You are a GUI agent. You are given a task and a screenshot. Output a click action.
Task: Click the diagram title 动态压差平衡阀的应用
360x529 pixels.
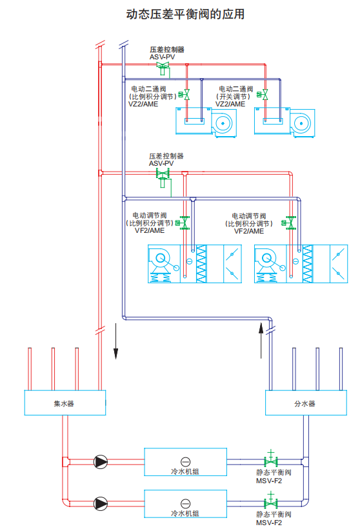coord(185,14)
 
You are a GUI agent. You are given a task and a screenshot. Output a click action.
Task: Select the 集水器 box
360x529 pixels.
coord(65,403)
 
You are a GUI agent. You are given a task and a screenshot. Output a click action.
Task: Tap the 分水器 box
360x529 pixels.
coord(306,403)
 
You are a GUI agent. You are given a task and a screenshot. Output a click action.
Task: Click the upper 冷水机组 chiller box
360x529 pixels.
coord(185,462)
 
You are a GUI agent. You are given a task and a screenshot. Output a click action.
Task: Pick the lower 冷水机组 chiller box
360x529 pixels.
coord(185,504)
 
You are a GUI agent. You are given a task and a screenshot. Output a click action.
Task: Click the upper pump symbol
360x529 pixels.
coord(101,462)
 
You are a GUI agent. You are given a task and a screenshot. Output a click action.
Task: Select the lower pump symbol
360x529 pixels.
coord(101,504)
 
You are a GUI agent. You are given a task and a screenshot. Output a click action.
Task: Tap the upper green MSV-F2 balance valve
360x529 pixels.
coord(270,459)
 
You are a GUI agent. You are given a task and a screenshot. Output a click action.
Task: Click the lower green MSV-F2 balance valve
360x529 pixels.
coord(270,501)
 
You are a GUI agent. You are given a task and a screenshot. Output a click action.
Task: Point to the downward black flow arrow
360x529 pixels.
coord(115,341)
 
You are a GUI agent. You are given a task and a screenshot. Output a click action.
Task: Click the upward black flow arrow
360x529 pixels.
coord(261,340)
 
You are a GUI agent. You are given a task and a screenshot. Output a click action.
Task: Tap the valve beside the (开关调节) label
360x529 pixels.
coord(263,95)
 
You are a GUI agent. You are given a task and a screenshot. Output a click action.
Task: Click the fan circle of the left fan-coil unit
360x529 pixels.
coord(223,123)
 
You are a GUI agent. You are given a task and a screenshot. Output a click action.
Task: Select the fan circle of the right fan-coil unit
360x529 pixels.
coord(301,123)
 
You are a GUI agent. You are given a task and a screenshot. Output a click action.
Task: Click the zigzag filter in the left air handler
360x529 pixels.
coord(201,264)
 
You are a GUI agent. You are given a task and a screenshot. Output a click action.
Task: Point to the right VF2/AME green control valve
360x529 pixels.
coord(289,223)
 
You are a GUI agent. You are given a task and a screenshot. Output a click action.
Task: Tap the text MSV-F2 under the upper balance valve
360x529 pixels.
coord(269,481)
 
